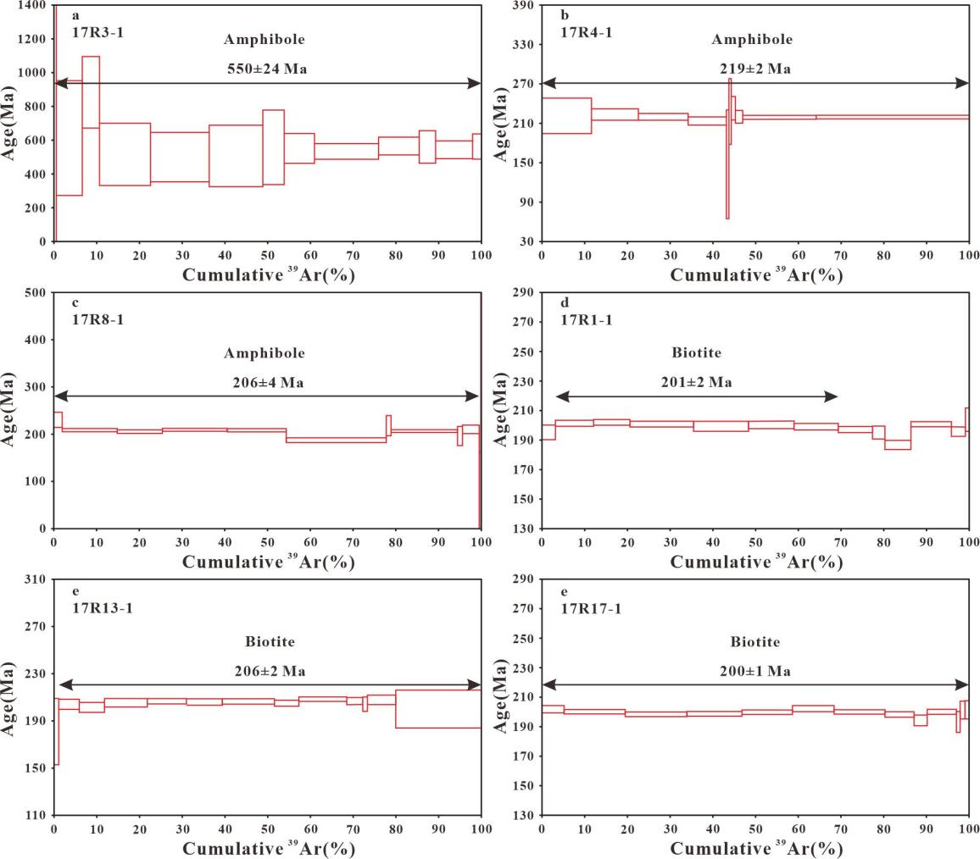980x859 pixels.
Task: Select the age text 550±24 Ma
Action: pos(265,69)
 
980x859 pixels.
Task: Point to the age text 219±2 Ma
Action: pos(753,69)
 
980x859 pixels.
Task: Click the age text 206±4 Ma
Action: pos(268,382)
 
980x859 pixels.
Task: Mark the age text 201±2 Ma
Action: pos(696,382)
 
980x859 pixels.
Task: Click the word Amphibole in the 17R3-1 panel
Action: pos(264,40)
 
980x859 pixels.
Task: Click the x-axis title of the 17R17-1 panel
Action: pos(756,848)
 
